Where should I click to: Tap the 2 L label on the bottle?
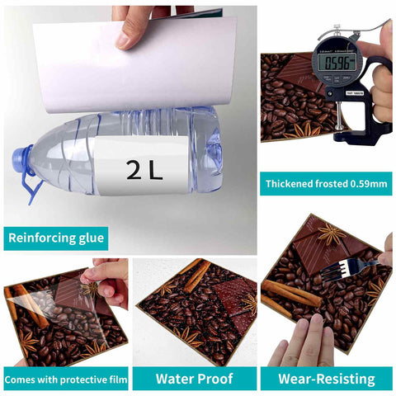click(x=145, y=170)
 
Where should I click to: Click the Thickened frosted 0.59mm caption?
click(x=326, y=183)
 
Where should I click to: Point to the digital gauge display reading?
click(x=339, y=62)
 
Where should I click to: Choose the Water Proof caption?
click(x=194, y=379)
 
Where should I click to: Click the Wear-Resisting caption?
click(x=326, y=379)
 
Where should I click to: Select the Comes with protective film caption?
click(x=64, y=379)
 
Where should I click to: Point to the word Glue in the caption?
click(x=86, y=239)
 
